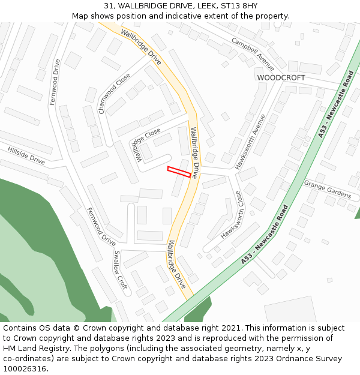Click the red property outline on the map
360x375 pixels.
pyautogui.click(x=179, y=172)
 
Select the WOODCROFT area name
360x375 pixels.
pyautogui.click(x=281, y=78)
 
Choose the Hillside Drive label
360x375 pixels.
pyautogui.click(x=26, y=155)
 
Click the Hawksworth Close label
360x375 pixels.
pyautogui.click(x=231, y=215)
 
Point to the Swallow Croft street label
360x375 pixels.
pyautogui.click(x=119, y=270)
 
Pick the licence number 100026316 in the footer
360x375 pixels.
pyautogui.click(x=25, y=369)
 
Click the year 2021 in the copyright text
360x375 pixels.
pyautogui.click(x=232, y=328)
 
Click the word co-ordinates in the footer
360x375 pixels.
pyautogui.click(x=26, y=359)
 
